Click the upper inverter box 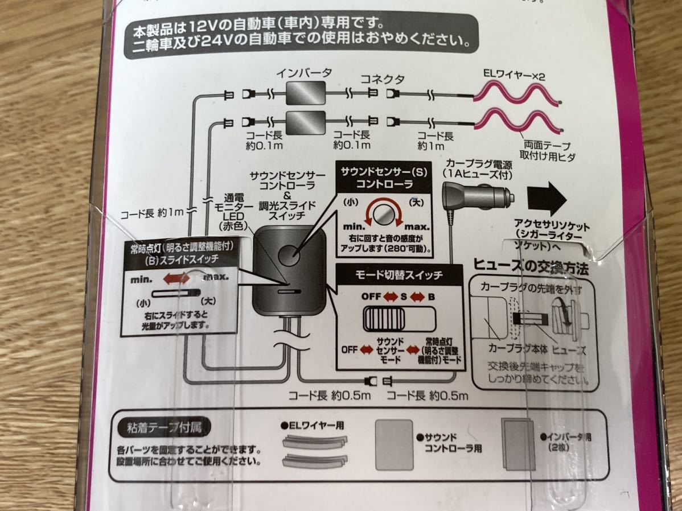(x=307, y=92)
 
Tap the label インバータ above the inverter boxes (x=304, y=72)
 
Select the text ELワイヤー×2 (x=512, y=75)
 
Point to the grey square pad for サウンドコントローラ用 (x=394, y=445)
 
